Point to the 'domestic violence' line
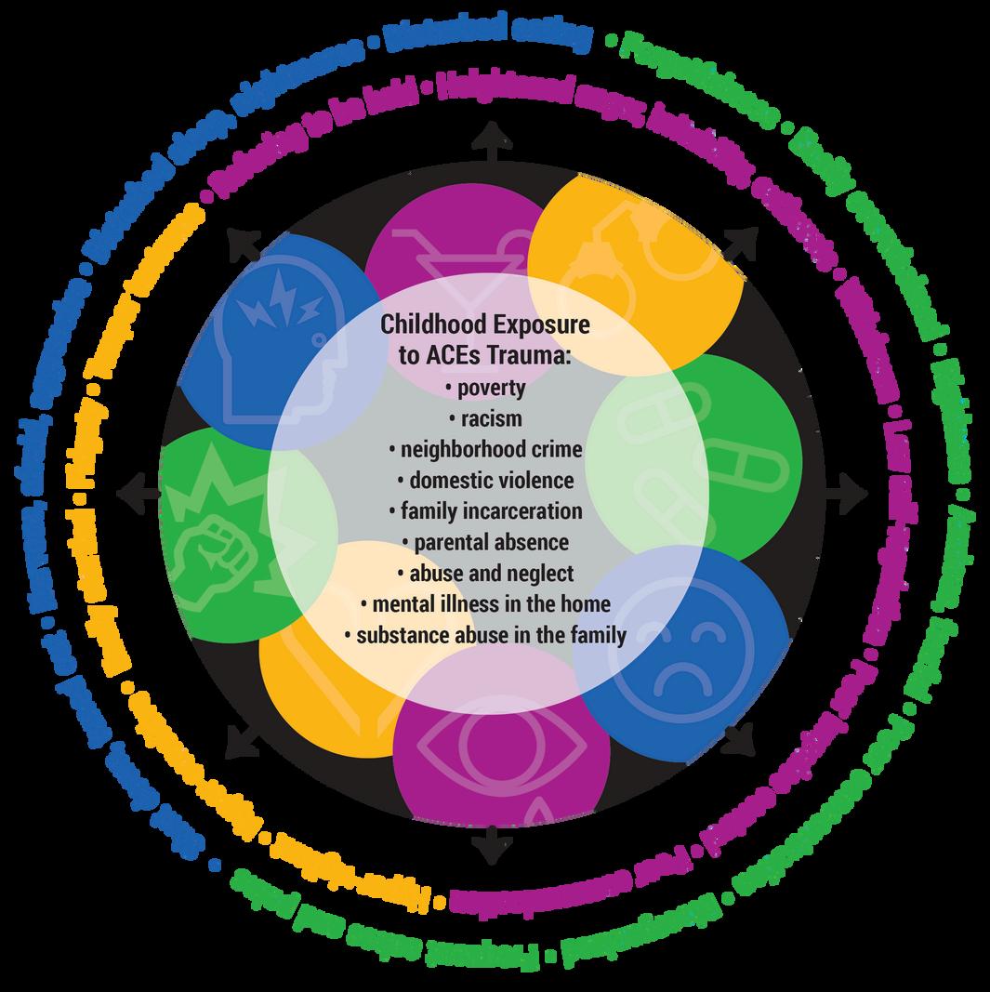[x=485, y=481]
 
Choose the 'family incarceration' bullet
[x=485, y=511]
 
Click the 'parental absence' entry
[x=485, y=542]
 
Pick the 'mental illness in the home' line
[x=485, y=604]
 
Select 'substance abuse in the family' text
[x=485, y=636]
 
